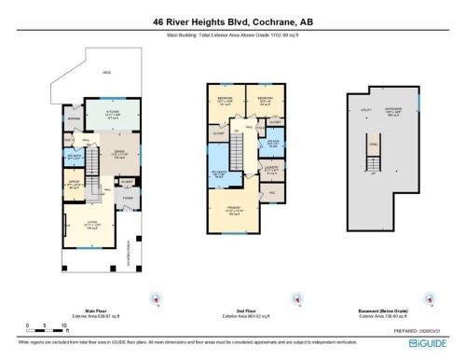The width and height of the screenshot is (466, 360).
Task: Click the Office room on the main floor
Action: [x=75, y=183]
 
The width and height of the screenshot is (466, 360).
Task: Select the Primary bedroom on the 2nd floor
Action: [x=229, y=211]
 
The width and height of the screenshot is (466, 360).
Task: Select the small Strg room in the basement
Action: [x=373, y=145]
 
